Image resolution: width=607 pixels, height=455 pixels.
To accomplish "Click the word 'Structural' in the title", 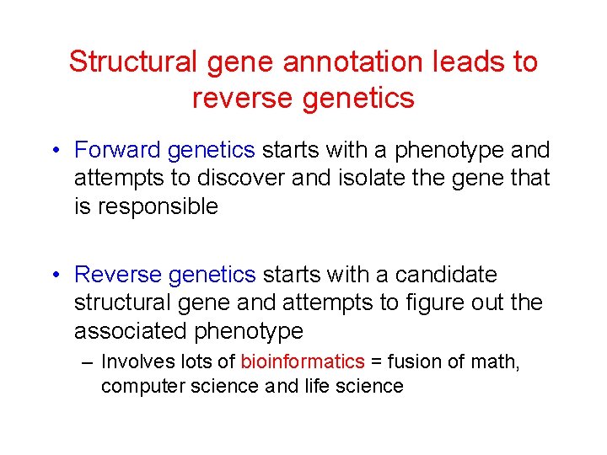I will click(132, 62).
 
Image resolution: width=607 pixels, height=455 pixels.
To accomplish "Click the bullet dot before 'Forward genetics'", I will click(53, 152).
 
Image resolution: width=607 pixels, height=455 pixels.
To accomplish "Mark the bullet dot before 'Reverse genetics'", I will click(53, 276).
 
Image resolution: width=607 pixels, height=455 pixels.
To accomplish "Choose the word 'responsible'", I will click(158, 206).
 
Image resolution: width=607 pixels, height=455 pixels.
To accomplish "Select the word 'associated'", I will click(133, 330).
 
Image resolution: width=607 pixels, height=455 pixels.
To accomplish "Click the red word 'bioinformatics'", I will click(303, 362).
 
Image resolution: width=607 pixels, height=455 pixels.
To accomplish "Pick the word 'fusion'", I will click(407, 362).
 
